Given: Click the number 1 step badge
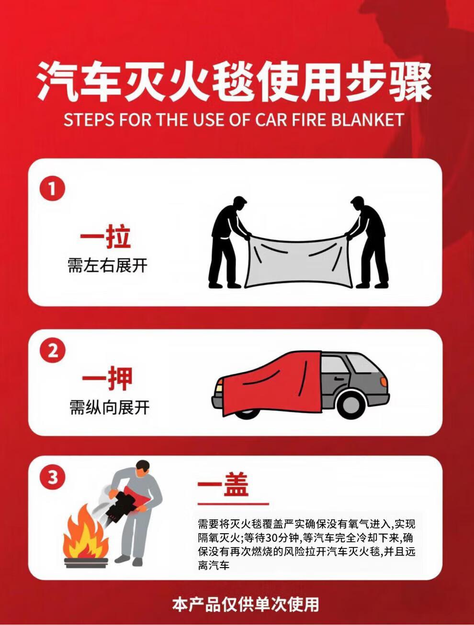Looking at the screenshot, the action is coord(52,188).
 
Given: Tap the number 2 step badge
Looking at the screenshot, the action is coord(53,350).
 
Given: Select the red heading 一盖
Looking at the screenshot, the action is coord(223,484).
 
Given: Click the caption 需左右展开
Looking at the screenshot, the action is coord(108,266).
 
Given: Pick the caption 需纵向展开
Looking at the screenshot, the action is coord(110,407).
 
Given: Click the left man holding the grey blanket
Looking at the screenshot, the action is coord(228,242).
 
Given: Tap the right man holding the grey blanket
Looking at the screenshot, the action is coord(368,242).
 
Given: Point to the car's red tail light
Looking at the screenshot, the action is coord(384,382).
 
